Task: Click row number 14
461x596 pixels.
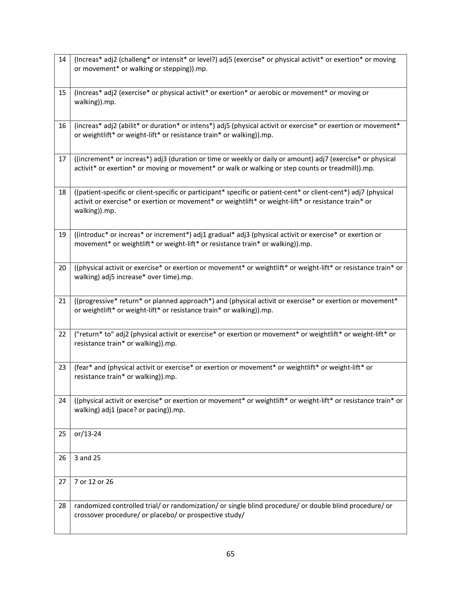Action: coord(62,59)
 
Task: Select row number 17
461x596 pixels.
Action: coord(62,159)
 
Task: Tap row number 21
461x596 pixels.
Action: coord(62,301)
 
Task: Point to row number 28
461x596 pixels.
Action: coord(62,506)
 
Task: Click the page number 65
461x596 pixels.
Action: coord(230,554)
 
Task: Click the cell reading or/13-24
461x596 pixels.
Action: coord(88,434)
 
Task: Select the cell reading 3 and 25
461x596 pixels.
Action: coord(87,458)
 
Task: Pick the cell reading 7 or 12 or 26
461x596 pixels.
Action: coord(94,482)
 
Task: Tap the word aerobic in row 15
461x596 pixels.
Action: coord(265,93)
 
